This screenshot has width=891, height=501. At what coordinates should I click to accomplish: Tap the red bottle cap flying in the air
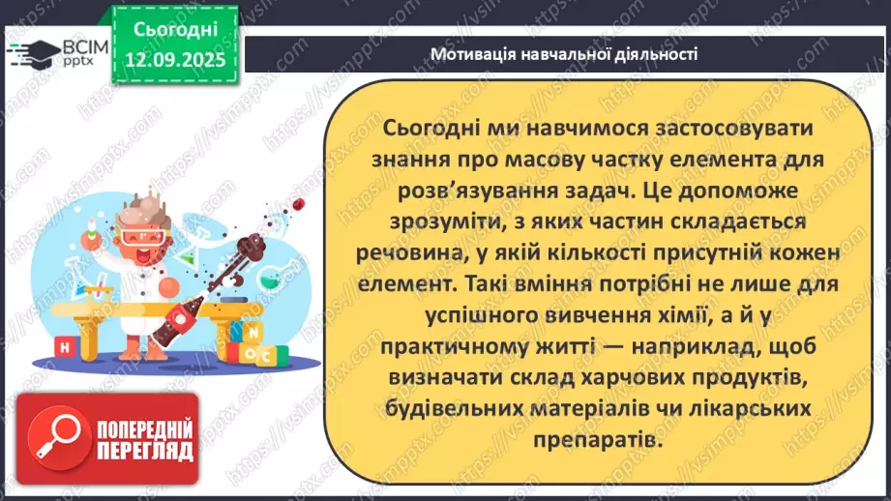[x=300, y=204]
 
